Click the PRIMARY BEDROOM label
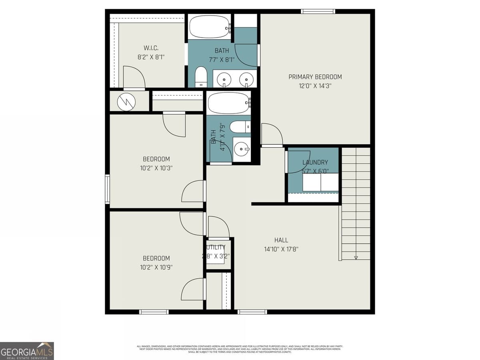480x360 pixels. click(x=315, y=77)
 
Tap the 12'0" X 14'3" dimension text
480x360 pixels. click(x=315, y=86)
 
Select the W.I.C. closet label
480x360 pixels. click(x=151, y=48)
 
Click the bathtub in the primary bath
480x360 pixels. click(x=209, y=27)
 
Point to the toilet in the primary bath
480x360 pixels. click(x=201, y=76)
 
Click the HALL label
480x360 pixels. click(x=281, y=240)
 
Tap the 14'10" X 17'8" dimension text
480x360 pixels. click(x=281, y=249)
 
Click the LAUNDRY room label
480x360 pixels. click(x=315, y=162)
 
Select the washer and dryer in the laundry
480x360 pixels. click(x=320, y=182)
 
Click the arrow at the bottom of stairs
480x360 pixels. click(x=356, y=257)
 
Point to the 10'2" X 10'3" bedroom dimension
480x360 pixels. click(x=156, y=168)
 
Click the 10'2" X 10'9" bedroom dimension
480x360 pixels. click(x=156, y=267)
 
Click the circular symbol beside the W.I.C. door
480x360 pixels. click(x=126, y=102)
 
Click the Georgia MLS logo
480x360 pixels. click(x=27, y=351)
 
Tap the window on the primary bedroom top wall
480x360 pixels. click(x=318, y=11)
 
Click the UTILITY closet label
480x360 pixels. click(x=216, y=247)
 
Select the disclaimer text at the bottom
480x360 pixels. click(x=240, y=349)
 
